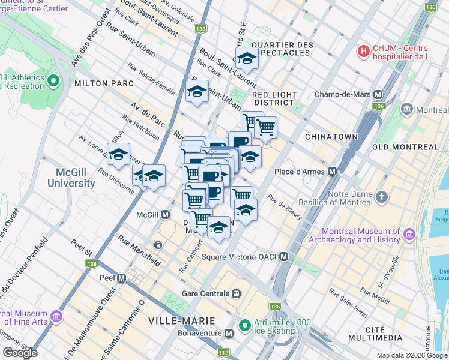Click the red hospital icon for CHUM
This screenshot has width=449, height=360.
(x=363, y=52)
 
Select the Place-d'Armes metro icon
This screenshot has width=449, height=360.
(x=332, y=172)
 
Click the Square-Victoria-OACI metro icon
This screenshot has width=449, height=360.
(x=284, y=257)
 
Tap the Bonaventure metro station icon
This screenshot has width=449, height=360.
(x=229, y=333)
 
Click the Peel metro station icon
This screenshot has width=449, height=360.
(x=122, y=278)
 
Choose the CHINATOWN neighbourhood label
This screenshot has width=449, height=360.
(x=328, y=137)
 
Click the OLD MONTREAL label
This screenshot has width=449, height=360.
(x=405, y=147)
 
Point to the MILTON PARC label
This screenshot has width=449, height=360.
(x=99, y=83)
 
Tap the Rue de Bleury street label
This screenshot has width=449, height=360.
(x=285, y=207)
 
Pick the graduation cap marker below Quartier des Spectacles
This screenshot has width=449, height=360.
(x=246, y=59)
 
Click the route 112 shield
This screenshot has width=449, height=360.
(x=223, y=352)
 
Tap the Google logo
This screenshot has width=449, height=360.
(x=20, y=352)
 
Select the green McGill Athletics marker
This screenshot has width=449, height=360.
(x=53, y=80)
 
